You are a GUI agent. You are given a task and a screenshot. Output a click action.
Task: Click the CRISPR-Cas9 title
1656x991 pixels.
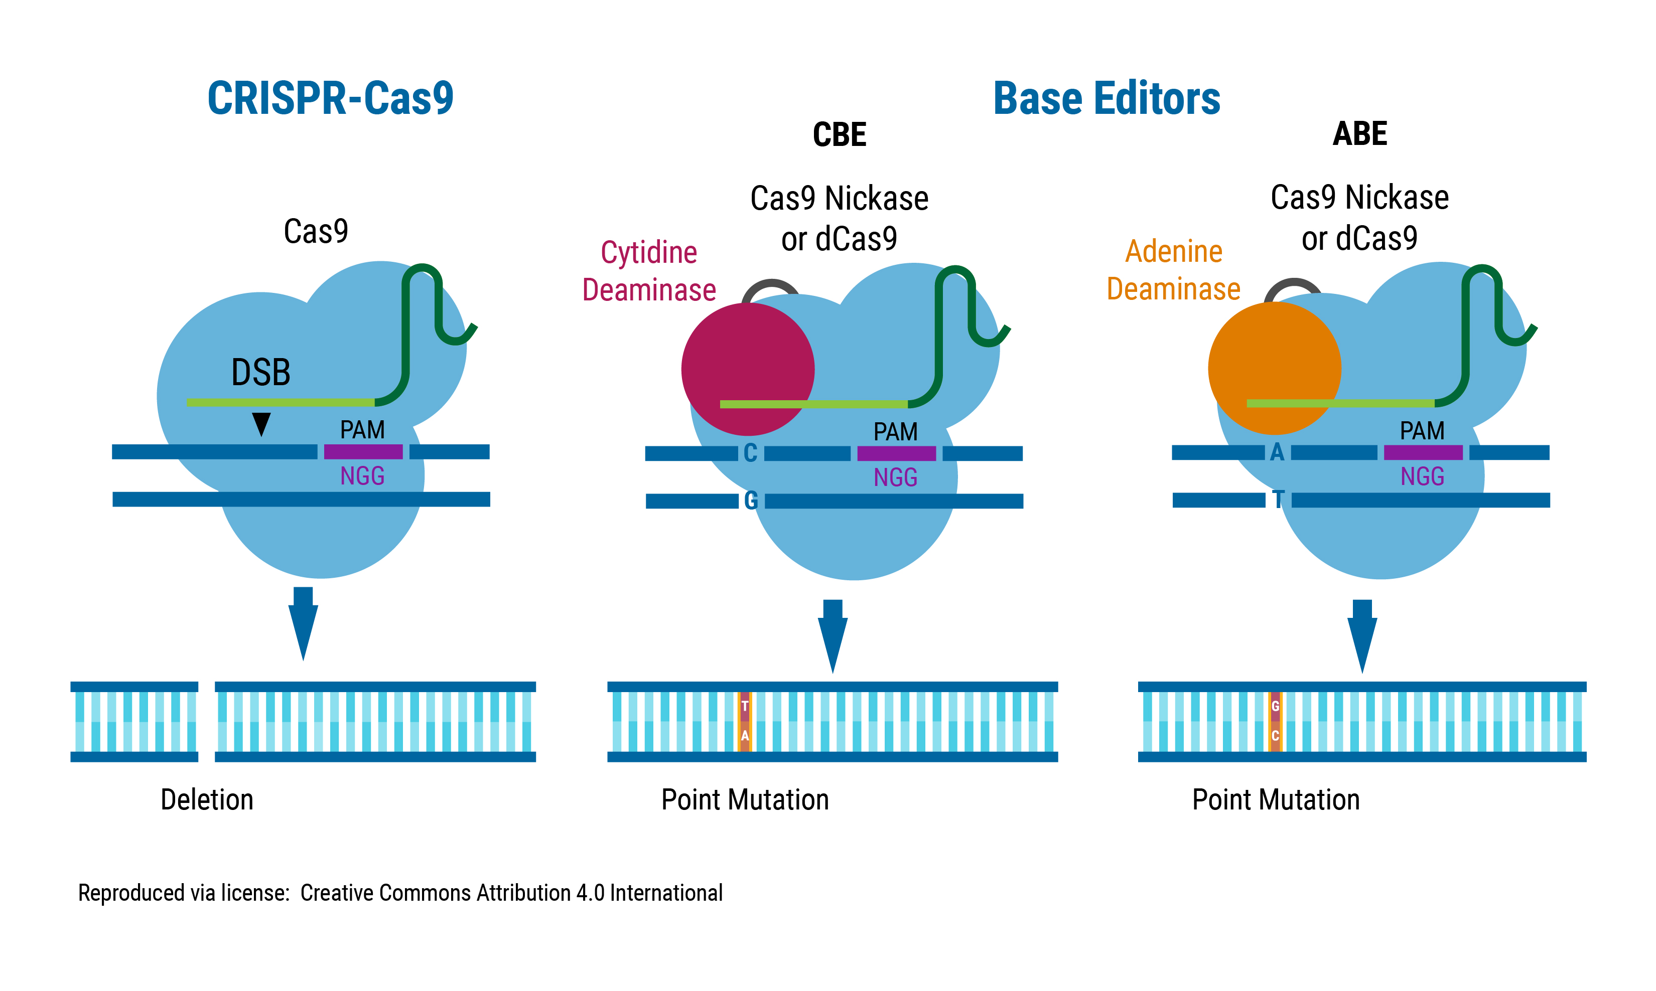pos(330,98)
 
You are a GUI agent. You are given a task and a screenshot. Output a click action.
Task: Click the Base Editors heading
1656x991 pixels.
pos(1106,98)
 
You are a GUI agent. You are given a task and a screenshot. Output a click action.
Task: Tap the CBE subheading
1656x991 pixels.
pos(839,134)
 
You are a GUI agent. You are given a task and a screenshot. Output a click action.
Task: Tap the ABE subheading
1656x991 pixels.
pos(1359,133)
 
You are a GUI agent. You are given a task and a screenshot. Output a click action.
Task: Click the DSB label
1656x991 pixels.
pos(260,373)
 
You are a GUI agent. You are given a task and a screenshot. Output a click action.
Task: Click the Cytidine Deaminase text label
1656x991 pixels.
pos(649,271)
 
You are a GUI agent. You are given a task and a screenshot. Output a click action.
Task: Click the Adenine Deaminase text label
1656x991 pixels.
pos(1173,270)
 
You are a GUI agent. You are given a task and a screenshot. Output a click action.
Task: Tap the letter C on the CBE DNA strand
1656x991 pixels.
pos(750,453)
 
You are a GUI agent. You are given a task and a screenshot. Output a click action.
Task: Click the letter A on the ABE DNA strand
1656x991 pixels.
pos(1277,452)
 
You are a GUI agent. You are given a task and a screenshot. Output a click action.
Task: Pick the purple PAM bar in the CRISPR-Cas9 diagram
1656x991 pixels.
pos(363,451)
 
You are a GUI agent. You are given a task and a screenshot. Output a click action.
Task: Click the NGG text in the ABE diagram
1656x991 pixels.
pos(1422,476)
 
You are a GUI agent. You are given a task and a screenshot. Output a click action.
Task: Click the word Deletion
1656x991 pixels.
pos(207,799)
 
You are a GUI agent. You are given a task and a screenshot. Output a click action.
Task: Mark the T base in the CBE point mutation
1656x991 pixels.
pos(745,706)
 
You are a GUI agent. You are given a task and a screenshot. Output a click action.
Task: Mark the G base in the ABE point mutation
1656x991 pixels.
pos(1275,706)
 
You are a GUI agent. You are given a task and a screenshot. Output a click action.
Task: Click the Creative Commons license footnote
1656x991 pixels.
pos(400,893)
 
